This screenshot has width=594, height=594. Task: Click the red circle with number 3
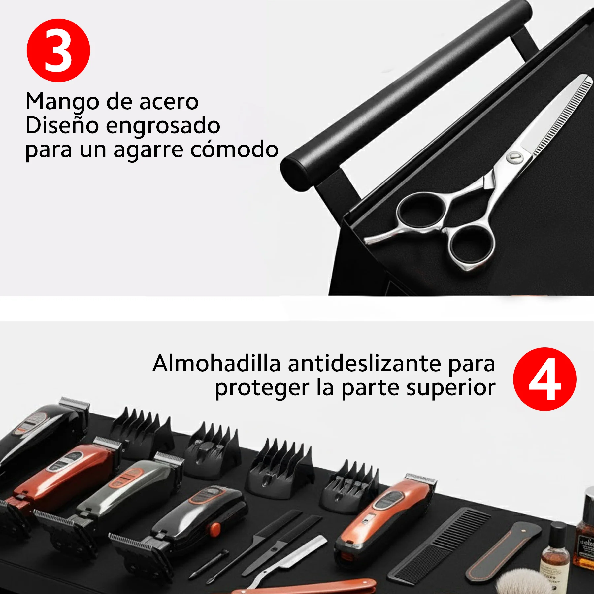[x=58, y=50]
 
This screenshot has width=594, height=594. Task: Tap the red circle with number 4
[x=544, y=379]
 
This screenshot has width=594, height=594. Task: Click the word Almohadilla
[x=216, y=364]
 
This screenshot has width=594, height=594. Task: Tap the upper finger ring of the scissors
[x=421, y=210]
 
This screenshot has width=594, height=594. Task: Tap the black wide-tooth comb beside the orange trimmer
[x=439, y=544]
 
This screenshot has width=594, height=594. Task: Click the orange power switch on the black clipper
[x=215, y=529]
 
